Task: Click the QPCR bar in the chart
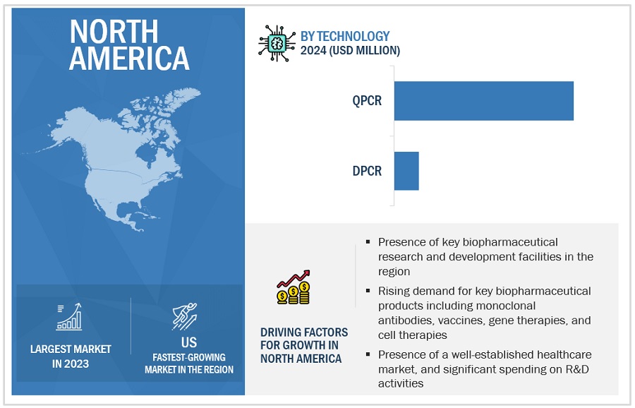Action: pos(483,101)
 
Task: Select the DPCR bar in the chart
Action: pos(406,171)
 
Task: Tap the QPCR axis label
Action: pos(367,100)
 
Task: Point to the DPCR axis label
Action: pos(367,171)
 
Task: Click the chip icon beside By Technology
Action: pos(277,43)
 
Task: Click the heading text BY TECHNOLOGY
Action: pos(344,37)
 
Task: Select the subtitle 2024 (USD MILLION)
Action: pos(350,51)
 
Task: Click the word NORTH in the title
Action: pos(114,32)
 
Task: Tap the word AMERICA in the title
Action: pos(129,59)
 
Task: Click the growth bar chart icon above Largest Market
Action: pos(69,316)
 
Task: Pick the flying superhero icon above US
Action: pos(185,316)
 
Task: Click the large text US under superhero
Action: pos(188,342)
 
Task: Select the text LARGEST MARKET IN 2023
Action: pos(71,356)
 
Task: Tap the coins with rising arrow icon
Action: pos(294,287)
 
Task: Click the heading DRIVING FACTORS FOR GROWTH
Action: pos(303,345)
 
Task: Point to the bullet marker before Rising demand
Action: pos(368,291)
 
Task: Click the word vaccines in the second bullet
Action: pos(461,320)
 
